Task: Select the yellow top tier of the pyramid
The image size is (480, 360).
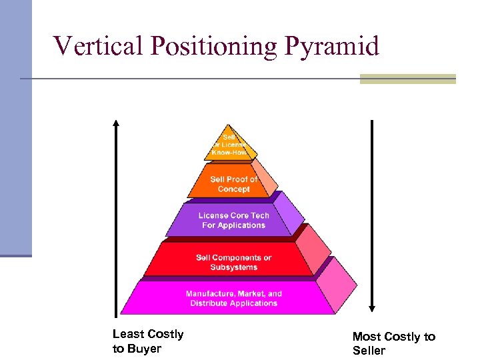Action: [x=229, y=144]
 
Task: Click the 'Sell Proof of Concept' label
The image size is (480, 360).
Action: [x=233, y=184]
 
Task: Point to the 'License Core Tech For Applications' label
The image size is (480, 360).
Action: [x=233, y=221]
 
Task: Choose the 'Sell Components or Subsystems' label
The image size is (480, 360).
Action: [x=233, y=263]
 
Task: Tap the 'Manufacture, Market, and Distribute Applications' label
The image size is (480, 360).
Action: [x=233, y=299]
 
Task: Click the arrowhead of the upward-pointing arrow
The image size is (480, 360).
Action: [x=116, y=123]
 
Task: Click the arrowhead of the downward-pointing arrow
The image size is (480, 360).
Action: [x=372, y=309]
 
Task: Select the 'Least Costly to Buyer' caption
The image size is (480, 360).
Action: [x=147, y=341]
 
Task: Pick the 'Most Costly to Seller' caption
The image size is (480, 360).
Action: [x=393, y=343]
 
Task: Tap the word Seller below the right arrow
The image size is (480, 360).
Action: [x=369, y=351]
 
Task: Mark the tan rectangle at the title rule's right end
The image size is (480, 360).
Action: [x=407, y=79]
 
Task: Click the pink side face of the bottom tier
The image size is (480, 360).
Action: [x=336, y=287]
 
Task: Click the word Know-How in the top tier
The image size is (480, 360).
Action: [x=229, y=153]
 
